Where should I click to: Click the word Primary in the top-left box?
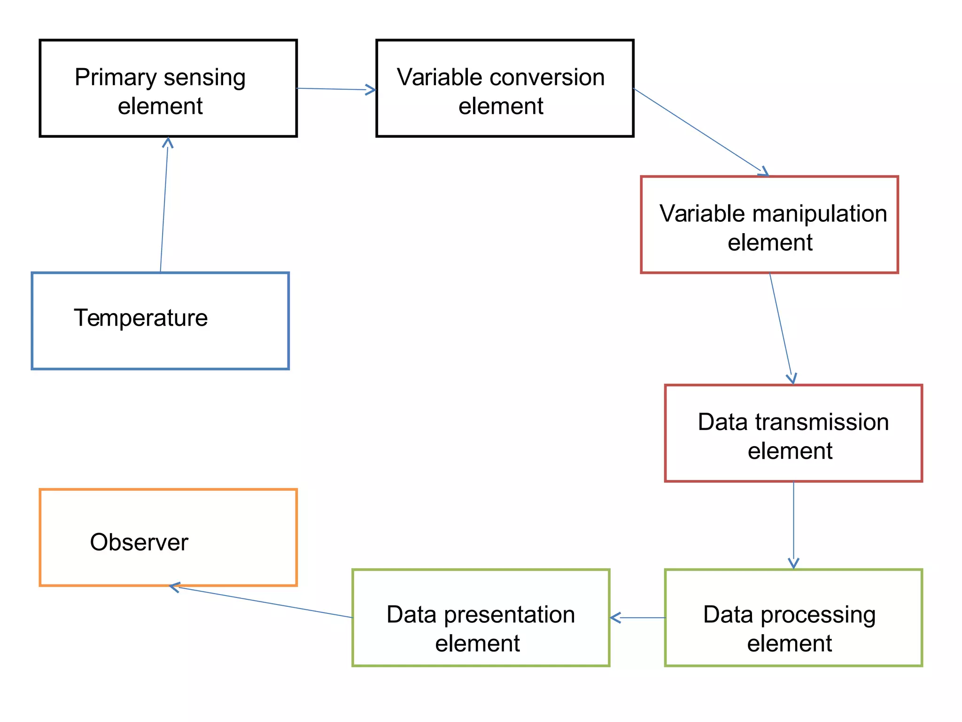pos(116,78)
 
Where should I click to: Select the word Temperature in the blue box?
pos(140,318)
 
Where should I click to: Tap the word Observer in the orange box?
pos(139,542)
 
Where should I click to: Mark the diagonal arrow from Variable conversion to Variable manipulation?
pos(700,132)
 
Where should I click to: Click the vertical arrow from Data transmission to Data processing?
pos(794,524)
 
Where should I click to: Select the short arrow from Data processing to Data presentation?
pos(637,618)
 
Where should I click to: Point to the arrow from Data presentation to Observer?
pos(263,602)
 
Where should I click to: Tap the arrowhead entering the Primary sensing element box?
pos(168,141)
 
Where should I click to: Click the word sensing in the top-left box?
pos(204,78)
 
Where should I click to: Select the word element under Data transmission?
pos(790,451)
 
